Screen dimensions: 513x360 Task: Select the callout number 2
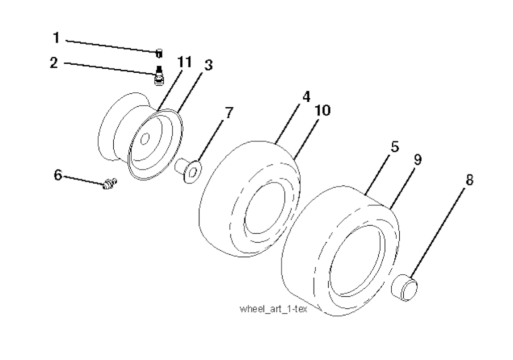click(x=54, y=62)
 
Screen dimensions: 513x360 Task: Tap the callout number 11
click(x=184, y=62)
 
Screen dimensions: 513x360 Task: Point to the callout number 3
click(x=208, y=65)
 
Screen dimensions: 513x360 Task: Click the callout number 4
click(x=306, y=97)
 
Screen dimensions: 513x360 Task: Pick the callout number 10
click(x=323, y=110)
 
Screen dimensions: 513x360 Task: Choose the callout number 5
click(x=395, y=146)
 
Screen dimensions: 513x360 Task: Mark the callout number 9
click(x=417, y=160)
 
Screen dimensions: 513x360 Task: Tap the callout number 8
click(x=469, y=180)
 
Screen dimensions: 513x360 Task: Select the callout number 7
click(x=228, y=113)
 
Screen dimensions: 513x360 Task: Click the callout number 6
click(x=58, y=175)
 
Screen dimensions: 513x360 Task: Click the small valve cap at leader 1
click(x=159, y=53)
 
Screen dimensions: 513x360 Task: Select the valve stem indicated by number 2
click(x=159, y=76)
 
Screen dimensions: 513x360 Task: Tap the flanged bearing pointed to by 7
click(x=188, y=169)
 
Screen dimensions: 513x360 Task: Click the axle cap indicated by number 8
click(x=404, y=288)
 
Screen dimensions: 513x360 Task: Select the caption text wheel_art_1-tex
click(x=274, y=309)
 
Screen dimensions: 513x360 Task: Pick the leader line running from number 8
click(x=437, y=233)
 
